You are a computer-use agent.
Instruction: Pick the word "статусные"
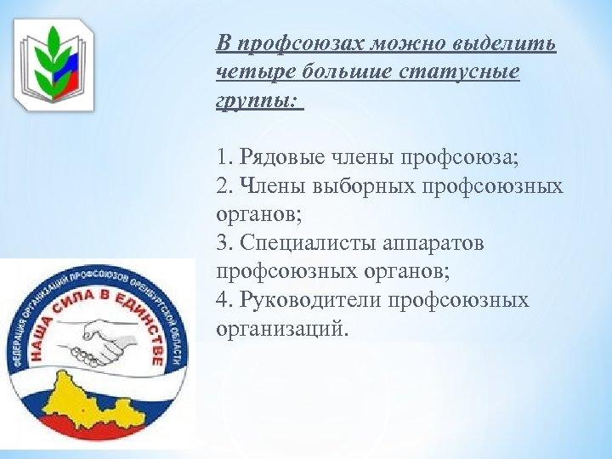coord(465,72)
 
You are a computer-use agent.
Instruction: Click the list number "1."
coord(224,157)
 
